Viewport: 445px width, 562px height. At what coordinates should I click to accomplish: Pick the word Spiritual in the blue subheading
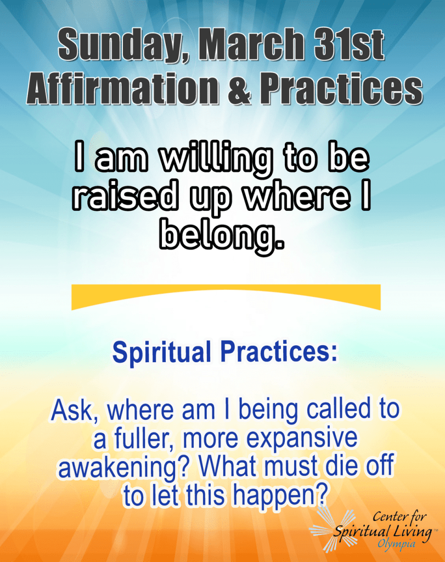point(162,352)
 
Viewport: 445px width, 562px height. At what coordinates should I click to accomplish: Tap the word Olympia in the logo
point(397,544)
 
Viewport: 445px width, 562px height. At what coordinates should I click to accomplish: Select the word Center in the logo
point(388,517)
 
